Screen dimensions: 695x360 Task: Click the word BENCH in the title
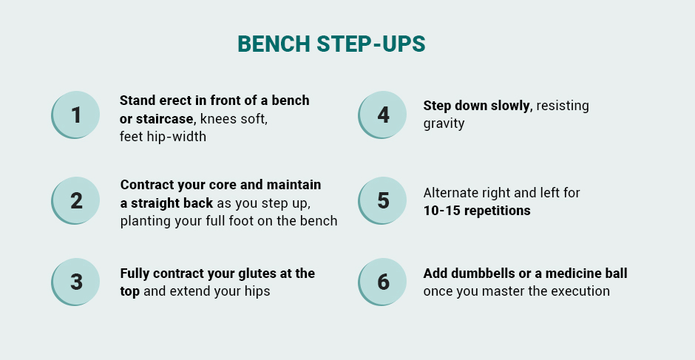[x=274, y=44]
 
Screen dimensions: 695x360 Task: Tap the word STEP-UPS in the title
[x=371, y=44]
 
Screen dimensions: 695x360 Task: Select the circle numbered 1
[x=75, y=115]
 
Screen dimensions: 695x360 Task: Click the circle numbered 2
[x=75, y=200]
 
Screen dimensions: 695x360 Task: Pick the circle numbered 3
[x=75, y=282]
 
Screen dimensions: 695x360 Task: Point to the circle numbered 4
[x=382, y=115]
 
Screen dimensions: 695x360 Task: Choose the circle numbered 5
[x=382, y=200]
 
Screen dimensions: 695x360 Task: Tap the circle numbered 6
[x=382, y=282]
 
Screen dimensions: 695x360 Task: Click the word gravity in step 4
[x=444, y=123]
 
